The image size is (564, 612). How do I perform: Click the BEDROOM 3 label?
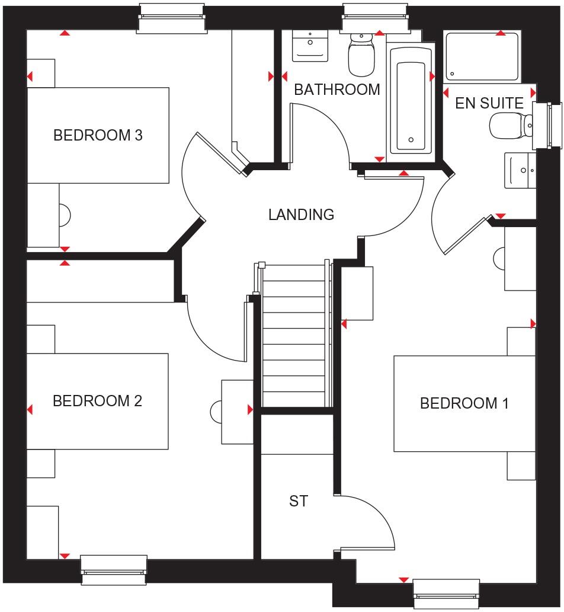(98, 135)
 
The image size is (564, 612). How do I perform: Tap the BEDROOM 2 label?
(97, 401)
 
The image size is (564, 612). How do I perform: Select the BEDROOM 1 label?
(464, 403)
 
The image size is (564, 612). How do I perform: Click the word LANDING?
(301, 214)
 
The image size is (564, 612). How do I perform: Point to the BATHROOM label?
(337, 90)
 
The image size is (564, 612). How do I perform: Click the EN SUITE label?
(489, 103)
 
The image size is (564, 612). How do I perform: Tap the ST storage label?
(299, 501)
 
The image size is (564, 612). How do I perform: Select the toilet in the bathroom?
(360, 55)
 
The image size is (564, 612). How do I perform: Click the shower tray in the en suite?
(481, 56)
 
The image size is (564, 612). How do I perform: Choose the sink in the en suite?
(520, 170)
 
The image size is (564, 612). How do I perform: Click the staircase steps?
(294, 336)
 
